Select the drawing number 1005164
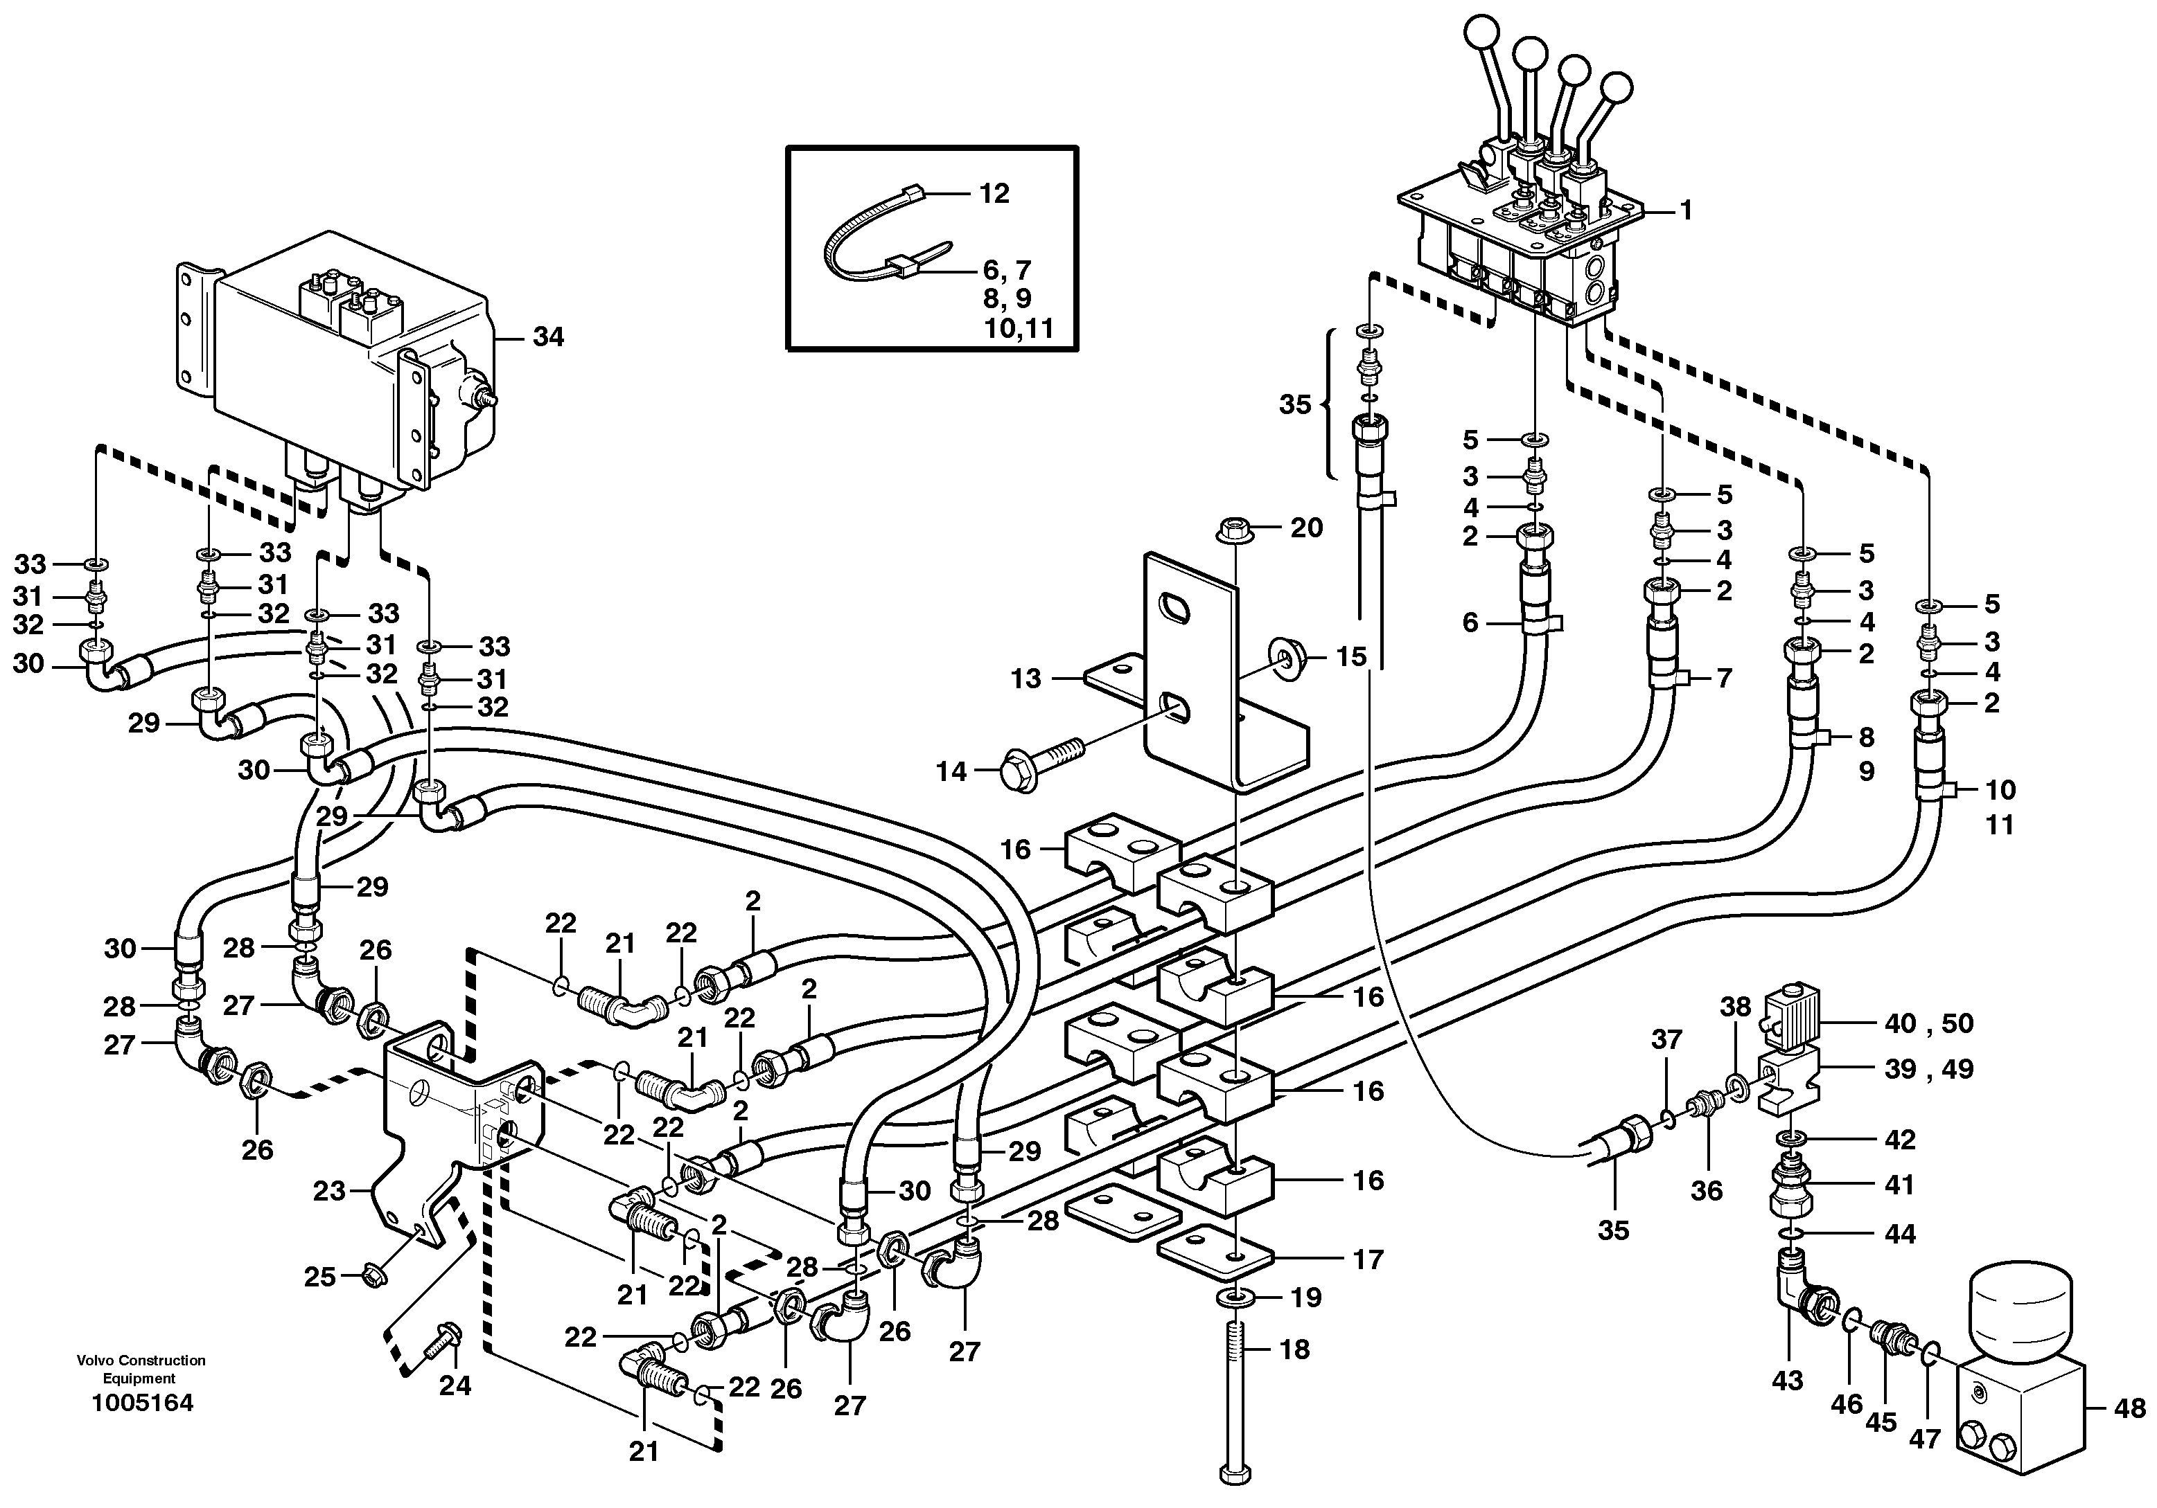pos(142,1403)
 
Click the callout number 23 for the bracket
pos(329,1192)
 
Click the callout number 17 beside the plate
pos(1368,1259)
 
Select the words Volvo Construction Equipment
pos(142,1369)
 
